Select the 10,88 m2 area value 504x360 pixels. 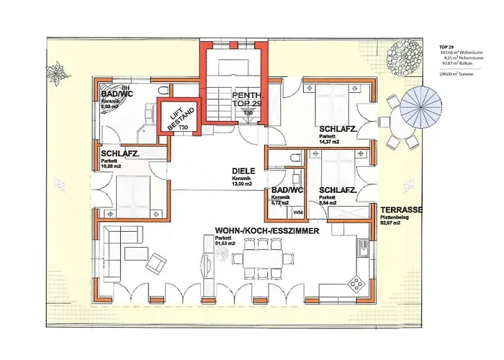point(112,166)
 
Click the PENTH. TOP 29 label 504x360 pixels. point(246,100)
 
